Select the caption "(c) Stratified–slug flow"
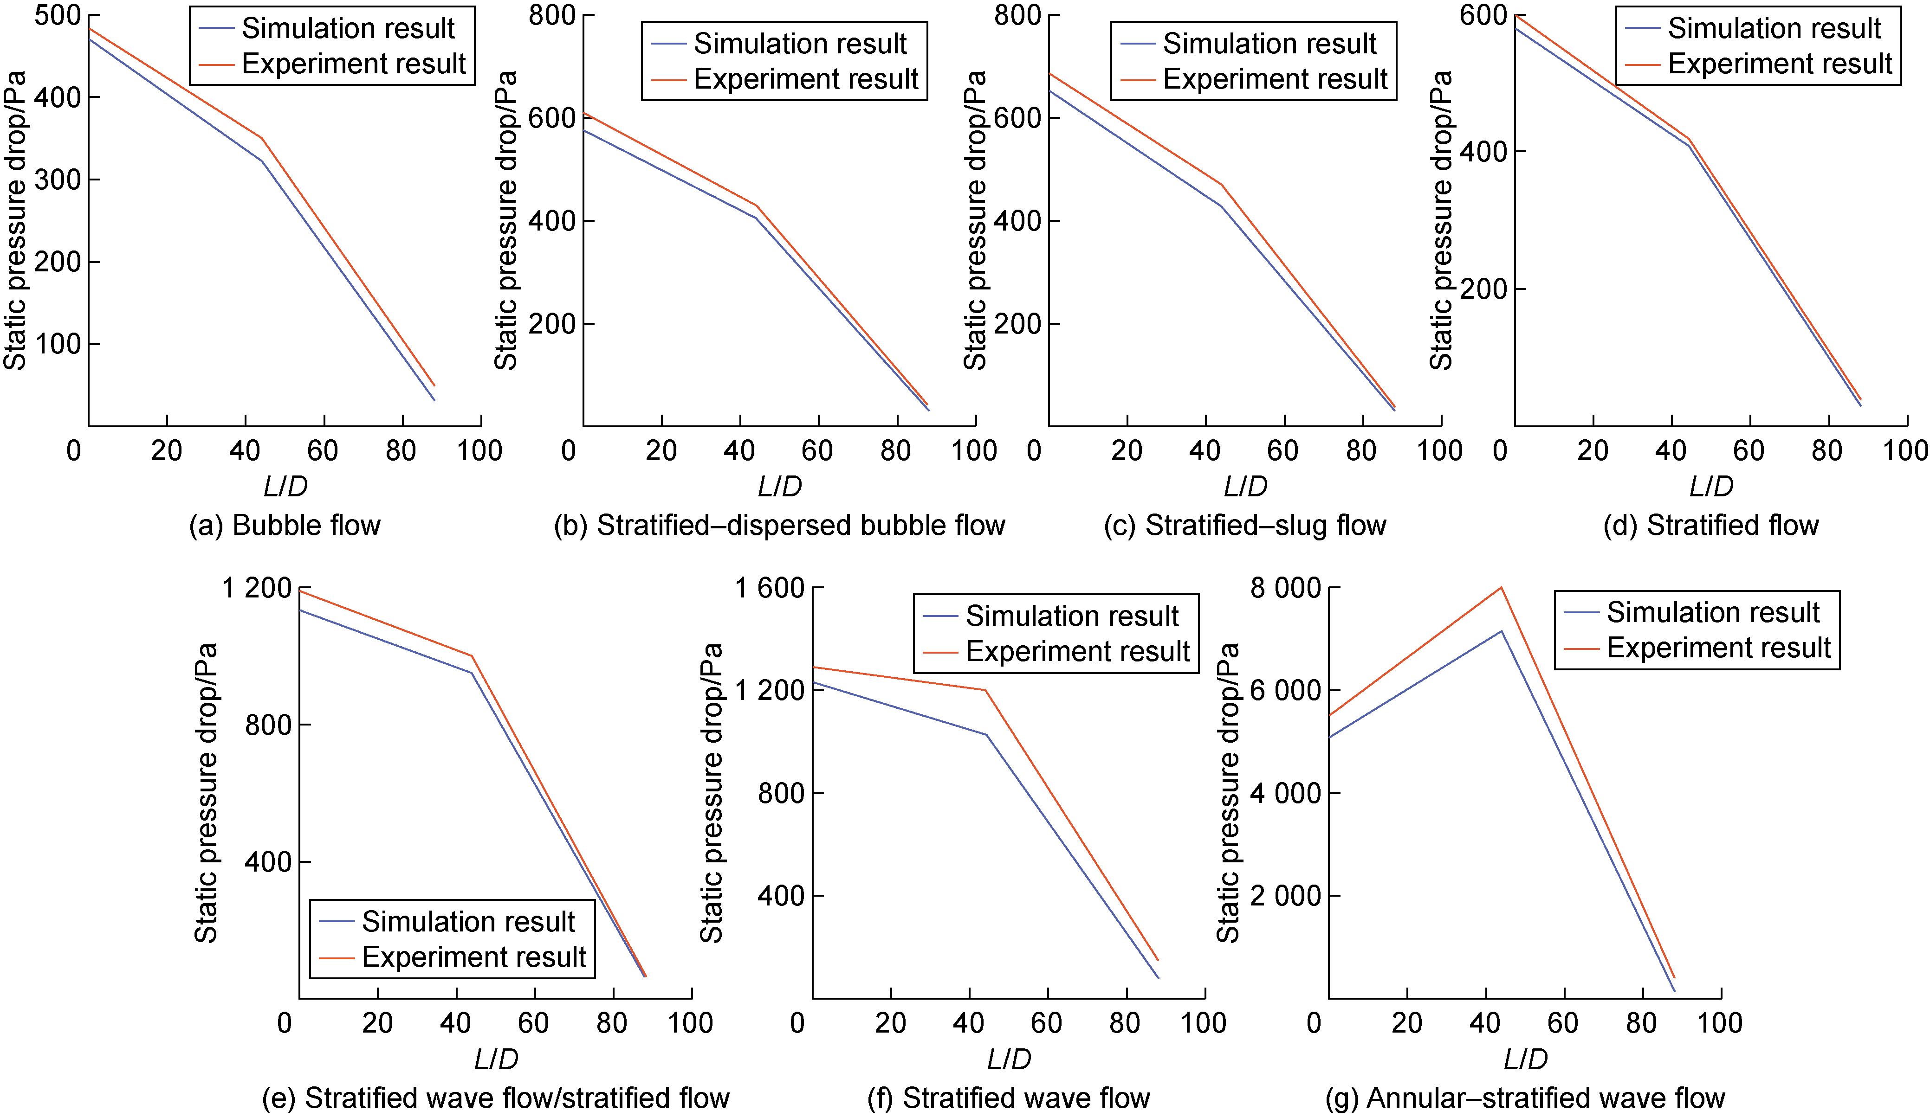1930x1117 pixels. click(x=1244, y=525)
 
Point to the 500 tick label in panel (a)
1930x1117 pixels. click(x=58, y=15)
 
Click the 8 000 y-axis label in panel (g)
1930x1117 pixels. click(x=1285, y=588)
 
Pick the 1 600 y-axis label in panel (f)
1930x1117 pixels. click(x=769, y=588)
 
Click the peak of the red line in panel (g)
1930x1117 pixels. click(x=1501, y=587)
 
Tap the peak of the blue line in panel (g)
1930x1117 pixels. click(x=1501, y=631)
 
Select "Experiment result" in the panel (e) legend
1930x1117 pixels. click(x=473, y=957)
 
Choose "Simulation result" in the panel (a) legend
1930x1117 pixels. click(x=349, y=28)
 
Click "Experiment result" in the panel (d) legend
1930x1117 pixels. click(x=1780, y=64)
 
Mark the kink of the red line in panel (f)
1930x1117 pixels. click(x=986, y=690)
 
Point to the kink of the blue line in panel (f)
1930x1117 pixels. click(x=986, y=735)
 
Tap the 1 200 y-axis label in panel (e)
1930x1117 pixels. click(x=257, y=588)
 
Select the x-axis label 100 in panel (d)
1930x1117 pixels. click(x=1905, y=450)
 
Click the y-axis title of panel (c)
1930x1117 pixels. click(x=974, y=220)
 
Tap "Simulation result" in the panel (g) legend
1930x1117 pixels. click(x=1712, y=612)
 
